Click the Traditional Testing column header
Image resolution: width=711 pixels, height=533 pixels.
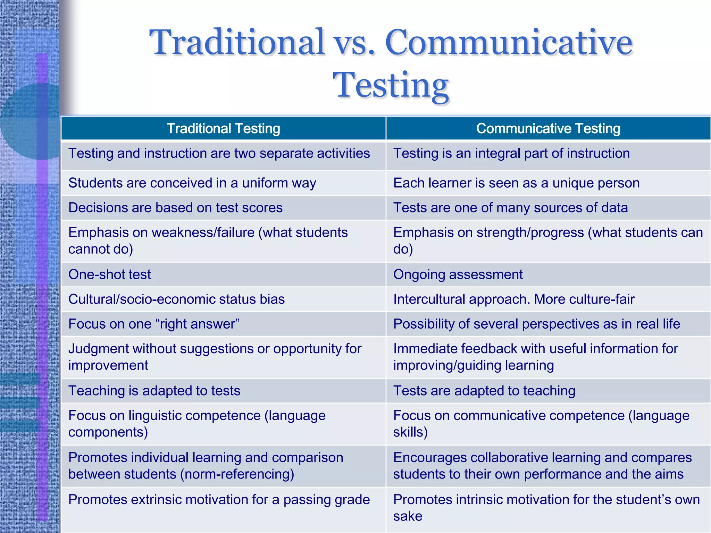(223, 128)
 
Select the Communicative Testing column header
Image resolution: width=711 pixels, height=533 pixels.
(548, 128)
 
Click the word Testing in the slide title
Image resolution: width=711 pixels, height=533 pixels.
(391, 85)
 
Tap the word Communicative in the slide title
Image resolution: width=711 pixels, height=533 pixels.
(509, 42)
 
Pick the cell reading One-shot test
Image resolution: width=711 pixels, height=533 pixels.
(110, 274)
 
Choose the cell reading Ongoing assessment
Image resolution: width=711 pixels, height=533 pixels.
(458, 274)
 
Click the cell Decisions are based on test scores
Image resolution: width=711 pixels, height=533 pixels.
(175, 208)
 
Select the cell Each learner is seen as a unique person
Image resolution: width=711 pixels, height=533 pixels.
(516, 183)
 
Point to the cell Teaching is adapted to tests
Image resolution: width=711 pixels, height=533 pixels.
(154, 391)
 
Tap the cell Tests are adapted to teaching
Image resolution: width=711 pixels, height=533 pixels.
(484, 391)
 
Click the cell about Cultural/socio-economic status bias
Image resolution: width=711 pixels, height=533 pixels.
(176, 299)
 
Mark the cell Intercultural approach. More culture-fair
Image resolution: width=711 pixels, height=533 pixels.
(514, 299)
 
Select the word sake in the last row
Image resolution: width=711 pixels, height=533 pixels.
(408, 516)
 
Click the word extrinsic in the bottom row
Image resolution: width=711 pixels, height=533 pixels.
(161, 500)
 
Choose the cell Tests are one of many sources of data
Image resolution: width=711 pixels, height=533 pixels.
(510, 208)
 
